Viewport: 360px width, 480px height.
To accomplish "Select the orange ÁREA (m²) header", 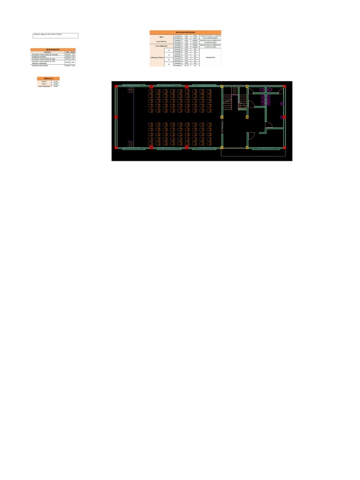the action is click(x=48, y=78).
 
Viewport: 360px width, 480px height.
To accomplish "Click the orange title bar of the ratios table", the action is click(x=185, y=32).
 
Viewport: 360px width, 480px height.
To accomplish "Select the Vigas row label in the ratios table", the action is click(x=161, y=36).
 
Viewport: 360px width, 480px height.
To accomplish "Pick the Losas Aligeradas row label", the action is click(x=161, y=46).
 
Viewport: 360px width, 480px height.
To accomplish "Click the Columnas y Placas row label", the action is click(x=157, y=57).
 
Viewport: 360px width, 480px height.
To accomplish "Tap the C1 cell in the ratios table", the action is click(x=169, y=50).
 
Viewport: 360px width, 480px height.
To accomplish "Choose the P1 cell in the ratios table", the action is click(x=169, y=64).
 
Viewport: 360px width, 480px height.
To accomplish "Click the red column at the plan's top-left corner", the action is click(x=116, y=87).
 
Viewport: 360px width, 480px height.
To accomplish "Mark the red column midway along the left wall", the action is click(x=116, y=117).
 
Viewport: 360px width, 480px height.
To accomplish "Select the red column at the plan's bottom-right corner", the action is click(x=284, y=147).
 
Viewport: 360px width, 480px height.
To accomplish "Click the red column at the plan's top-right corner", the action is click(x=284, y=87).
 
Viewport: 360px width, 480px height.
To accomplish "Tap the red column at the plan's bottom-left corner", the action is click(x=116, y=147).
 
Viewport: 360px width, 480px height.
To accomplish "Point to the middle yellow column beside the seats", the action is click(x=222, y=117).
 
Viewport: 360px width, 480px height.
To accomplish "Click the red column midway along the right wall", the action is click(x=284, y=117).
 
